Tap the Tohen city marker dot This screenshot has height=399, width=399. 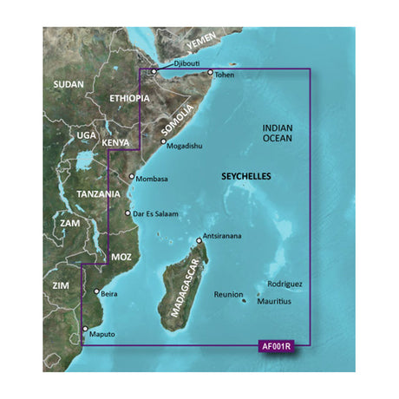[210, 72]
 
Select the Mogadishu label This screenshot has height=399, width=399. [184, 146]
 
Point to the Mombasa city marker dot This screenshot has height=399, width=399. [131, 178]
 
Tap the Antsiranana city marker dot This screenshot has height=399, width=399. [200, 239]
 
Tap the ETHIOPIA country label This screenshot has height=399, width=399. [131, 100]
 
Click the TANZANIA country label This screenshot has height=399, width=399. [96, 193]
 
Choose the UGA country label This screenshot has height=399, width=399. [86, 136]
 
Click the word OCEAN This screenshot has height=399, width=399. [278, 138]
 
